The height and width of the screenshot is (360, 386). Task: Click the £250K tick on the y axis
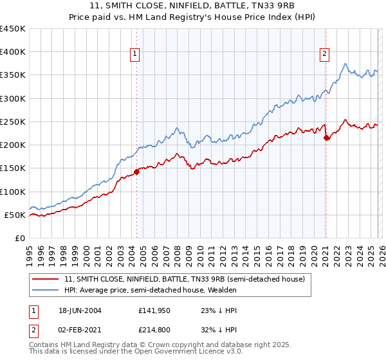coord(12,122)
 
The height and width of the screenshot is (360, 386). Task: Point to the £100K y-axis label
coord(12,192)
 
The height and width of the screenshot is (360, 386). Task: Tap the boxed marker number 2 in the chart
coord(324,54)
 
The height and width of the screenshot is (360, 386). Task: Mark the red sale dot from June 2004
coord(137,172)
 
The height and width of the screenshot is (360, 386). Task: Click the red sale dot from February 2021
coord(326,138)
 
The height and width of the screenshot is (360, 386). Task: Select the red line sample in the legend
coord(45,279)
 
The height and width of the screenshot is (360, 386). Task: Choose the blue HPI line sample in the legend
coord(45,290)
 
